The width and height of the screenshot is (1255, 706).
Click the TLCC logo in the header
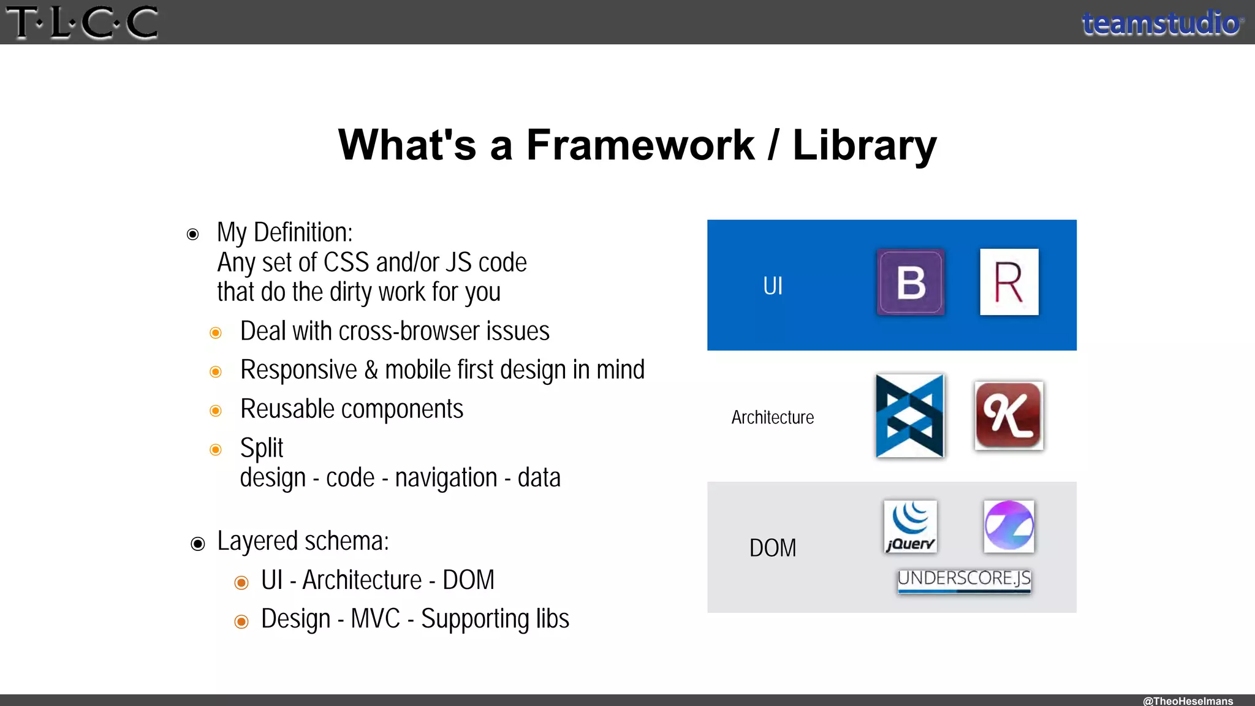pos(82,23)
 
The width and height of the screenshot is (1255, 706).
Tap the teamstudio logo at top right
pos(1162,23)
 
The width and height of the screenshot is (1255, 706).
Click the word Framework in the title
pos(640,145)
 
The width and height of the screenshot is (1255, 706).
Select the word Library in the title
pos(864,145)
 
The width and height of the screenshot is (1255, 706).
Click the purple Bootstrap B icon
pos(911,283)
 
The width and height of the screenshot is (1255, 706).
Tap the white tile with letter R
pos(1009,282)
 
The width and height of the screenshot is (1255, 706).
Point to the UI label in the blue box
pos(773,286)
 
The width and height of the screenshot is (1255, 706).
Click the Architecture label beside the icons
pos(772,417)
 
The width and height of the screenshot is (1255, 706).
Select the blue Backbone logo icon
pos(910,416)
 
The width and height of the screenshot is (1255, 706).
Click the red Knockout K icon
pos(1009,416)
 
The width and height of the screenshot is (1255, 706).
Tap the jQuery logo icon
pos(910,526)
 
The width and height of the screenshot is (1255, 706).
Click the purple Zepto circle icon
pos(1009,526)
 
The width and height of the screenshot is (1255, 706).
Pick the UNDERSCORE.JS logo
pos(964,579)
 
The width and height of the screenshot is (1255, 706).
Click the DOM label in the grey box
pos(773,548)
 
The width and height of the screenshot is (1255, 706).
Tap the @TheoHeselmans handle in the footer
pos(1188,700)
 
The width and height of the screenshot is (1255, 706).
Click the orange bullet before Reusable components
pos(216,411)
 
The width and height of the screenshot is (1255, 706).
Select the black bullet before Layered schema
pos(197,544)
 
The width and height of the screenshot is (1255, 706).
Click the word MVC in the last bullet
pos(375,619)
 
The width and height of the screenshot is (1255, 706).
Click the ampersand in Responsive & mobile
pos(371,370)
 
